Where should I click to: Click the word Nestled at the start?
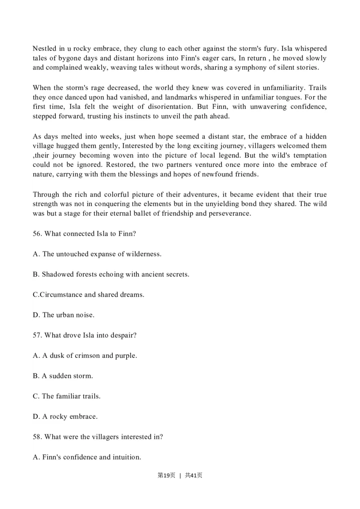45,49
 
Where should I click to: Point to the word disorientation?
168,107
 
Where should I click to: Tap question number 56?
37,234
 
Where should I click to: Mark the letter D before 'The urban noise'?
36,315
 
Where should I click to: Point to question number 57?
37,335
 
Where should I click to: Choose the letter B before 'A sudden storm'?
36,376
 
